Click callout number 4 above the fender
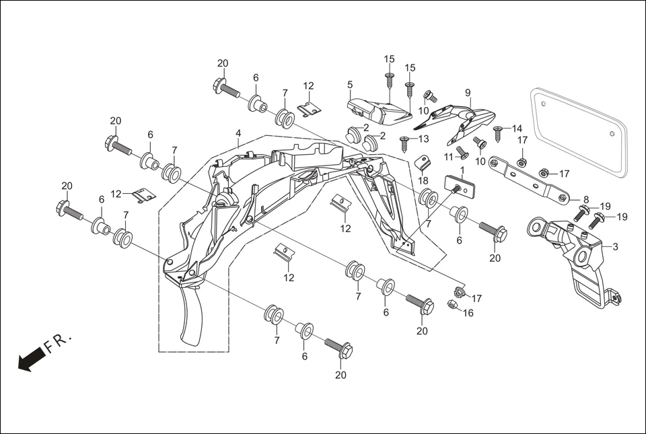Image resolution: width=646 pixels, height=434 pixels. (x=238, y=134)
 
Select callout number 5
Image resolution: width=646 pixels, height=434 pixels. (x=350, y=85)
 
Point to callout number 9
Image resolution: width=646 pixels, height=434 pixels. (x=467, y=92)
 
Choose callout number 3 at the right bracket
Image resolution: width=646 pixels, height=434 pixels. (x=615, y=247)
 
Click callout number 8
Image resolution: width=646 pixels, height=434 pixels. (x=585, y=199)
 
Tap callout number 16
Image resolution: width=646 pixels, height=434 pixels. (x=469, y=313)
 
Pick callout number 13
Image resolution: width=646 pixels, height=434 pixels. (x=423, y=139)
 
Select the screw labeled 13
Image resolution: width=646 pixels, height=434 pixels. (x=405, y=143)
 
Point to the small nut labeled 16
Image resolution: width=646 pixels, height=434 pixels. (x=453, y=305)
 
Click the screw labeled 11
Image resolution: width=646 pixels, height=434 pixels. (x=462, y=152)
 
